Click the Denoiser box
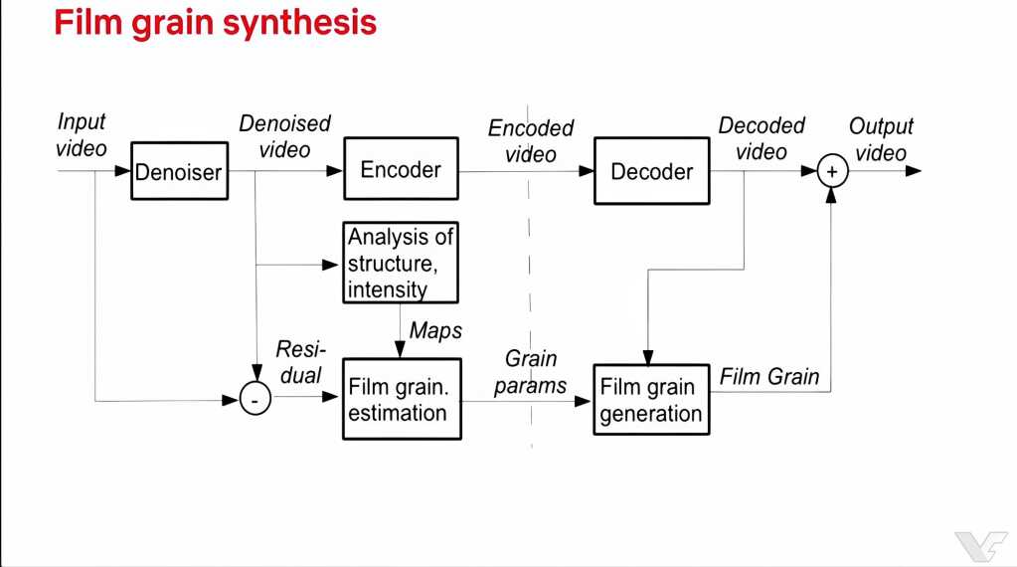coord(180,171)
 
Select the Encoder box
coord(400,170)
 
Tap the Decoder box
coord(651,171)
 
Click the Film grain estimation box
coord(402,399)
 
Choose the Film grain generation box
coord(651,400)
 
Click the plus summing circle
coord(832,172)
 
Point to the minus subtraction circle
coord(255,401)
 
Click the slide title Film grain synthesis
coord(215,22)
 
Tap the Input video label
coord(82,135)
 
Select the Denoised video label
coord(284,137)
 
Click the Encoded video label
coord(531,141)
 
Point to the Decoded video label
coord(762,138)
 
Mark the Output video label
coord(881,139)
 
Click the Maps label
coord(436,330)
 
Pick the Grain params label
coord(531,372)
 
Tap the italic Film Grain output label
coord(769,376)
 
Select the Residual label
coord(299,362)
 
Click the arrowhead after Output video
coord(914,171)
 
